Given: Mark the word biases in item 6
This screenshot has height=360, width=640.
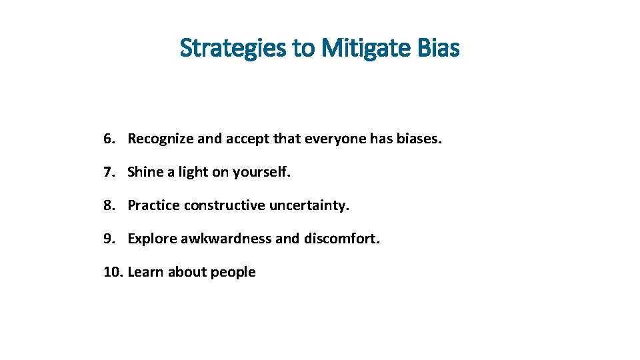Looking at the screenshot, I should [x=419, y=139].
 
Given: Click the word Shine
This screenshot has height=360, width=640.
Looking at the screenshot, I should [x=145, y=172].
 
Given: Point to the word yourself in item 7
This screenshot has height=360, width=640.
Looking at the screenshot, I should [x=261, y=172].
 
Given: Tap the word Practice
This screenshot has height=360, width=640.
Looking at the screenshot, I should [x=154, y=205].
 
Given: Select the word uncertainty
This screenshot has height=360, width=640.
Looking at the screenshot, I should [x=309, y=205].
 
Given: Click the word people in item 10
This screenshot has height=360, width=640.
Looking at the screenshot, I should [x=233, y=273].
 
